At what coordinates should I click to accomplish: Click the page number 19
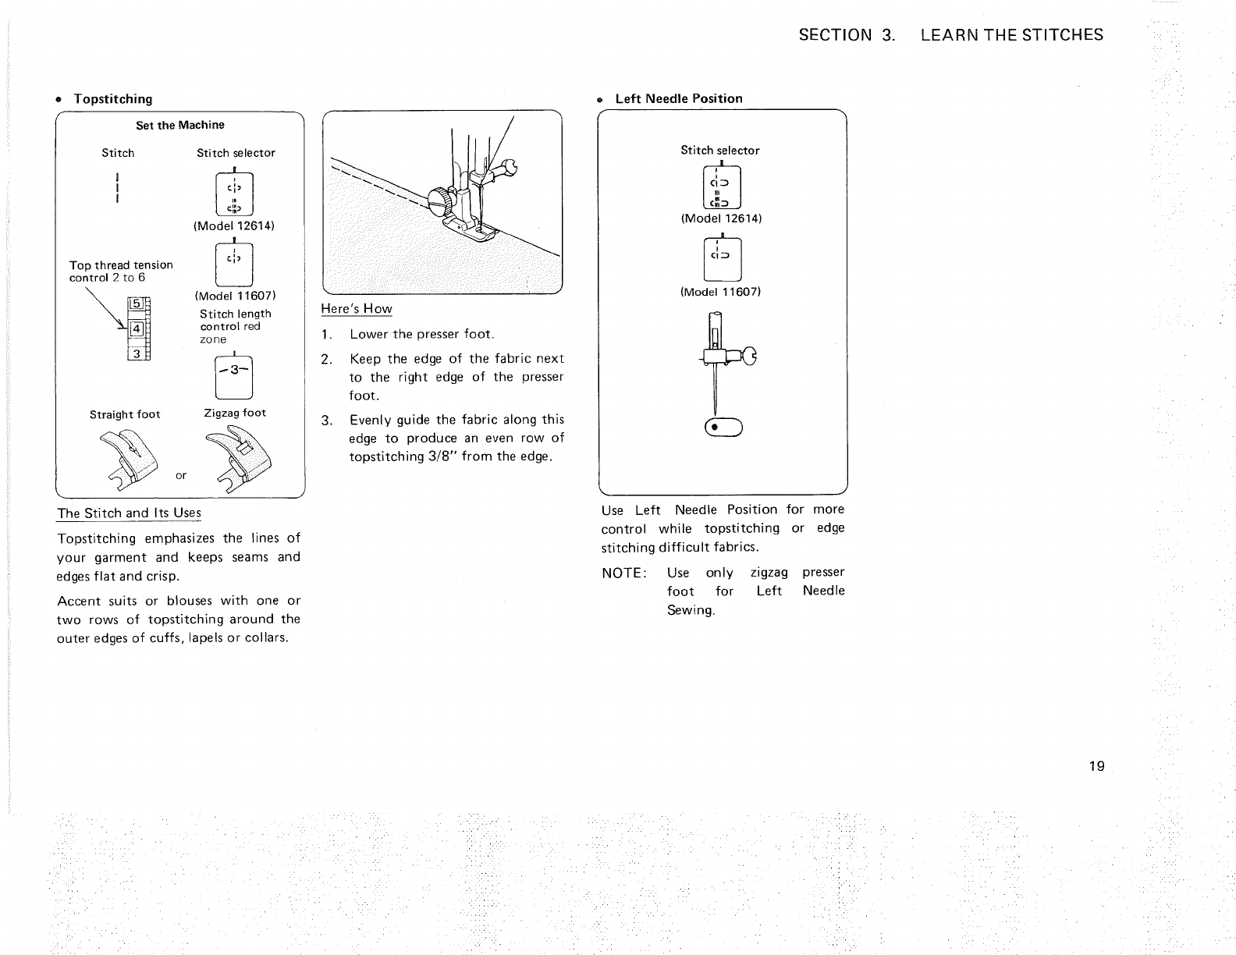[1096, 765]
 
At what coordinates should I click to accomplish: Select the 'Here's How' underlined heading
[357, 309]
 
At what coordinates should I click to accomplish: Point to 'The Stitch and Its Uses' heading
[130, 513]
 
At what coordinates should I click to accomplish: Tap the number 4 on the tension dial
[135, 328]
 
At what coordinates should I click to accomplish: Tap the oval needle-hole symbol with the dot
[724, 427]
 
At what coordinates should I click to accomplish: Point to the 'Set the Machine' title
[179, 125]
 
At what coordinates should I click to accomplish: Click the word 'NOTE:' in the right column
[623, 573]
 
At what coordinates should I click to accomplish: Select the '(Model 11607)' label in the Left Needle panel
[720, 292]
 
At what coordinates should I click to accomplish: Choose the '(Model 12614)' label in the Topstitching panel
[236, 225]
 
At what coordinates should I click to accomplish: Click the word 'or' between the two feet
[181, 475]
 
